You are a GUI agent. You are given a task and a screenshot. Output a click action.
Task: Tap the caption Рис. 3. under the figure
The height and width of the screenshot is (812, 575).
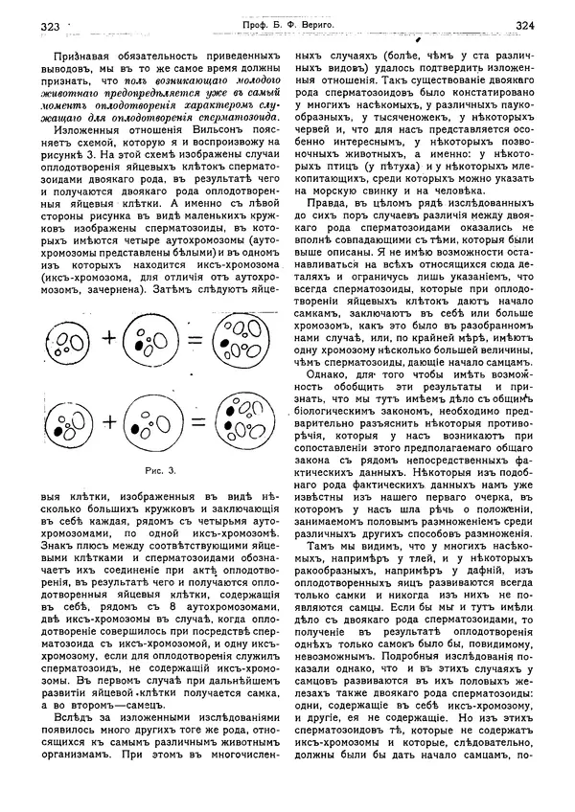click(x=159, y=470)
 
